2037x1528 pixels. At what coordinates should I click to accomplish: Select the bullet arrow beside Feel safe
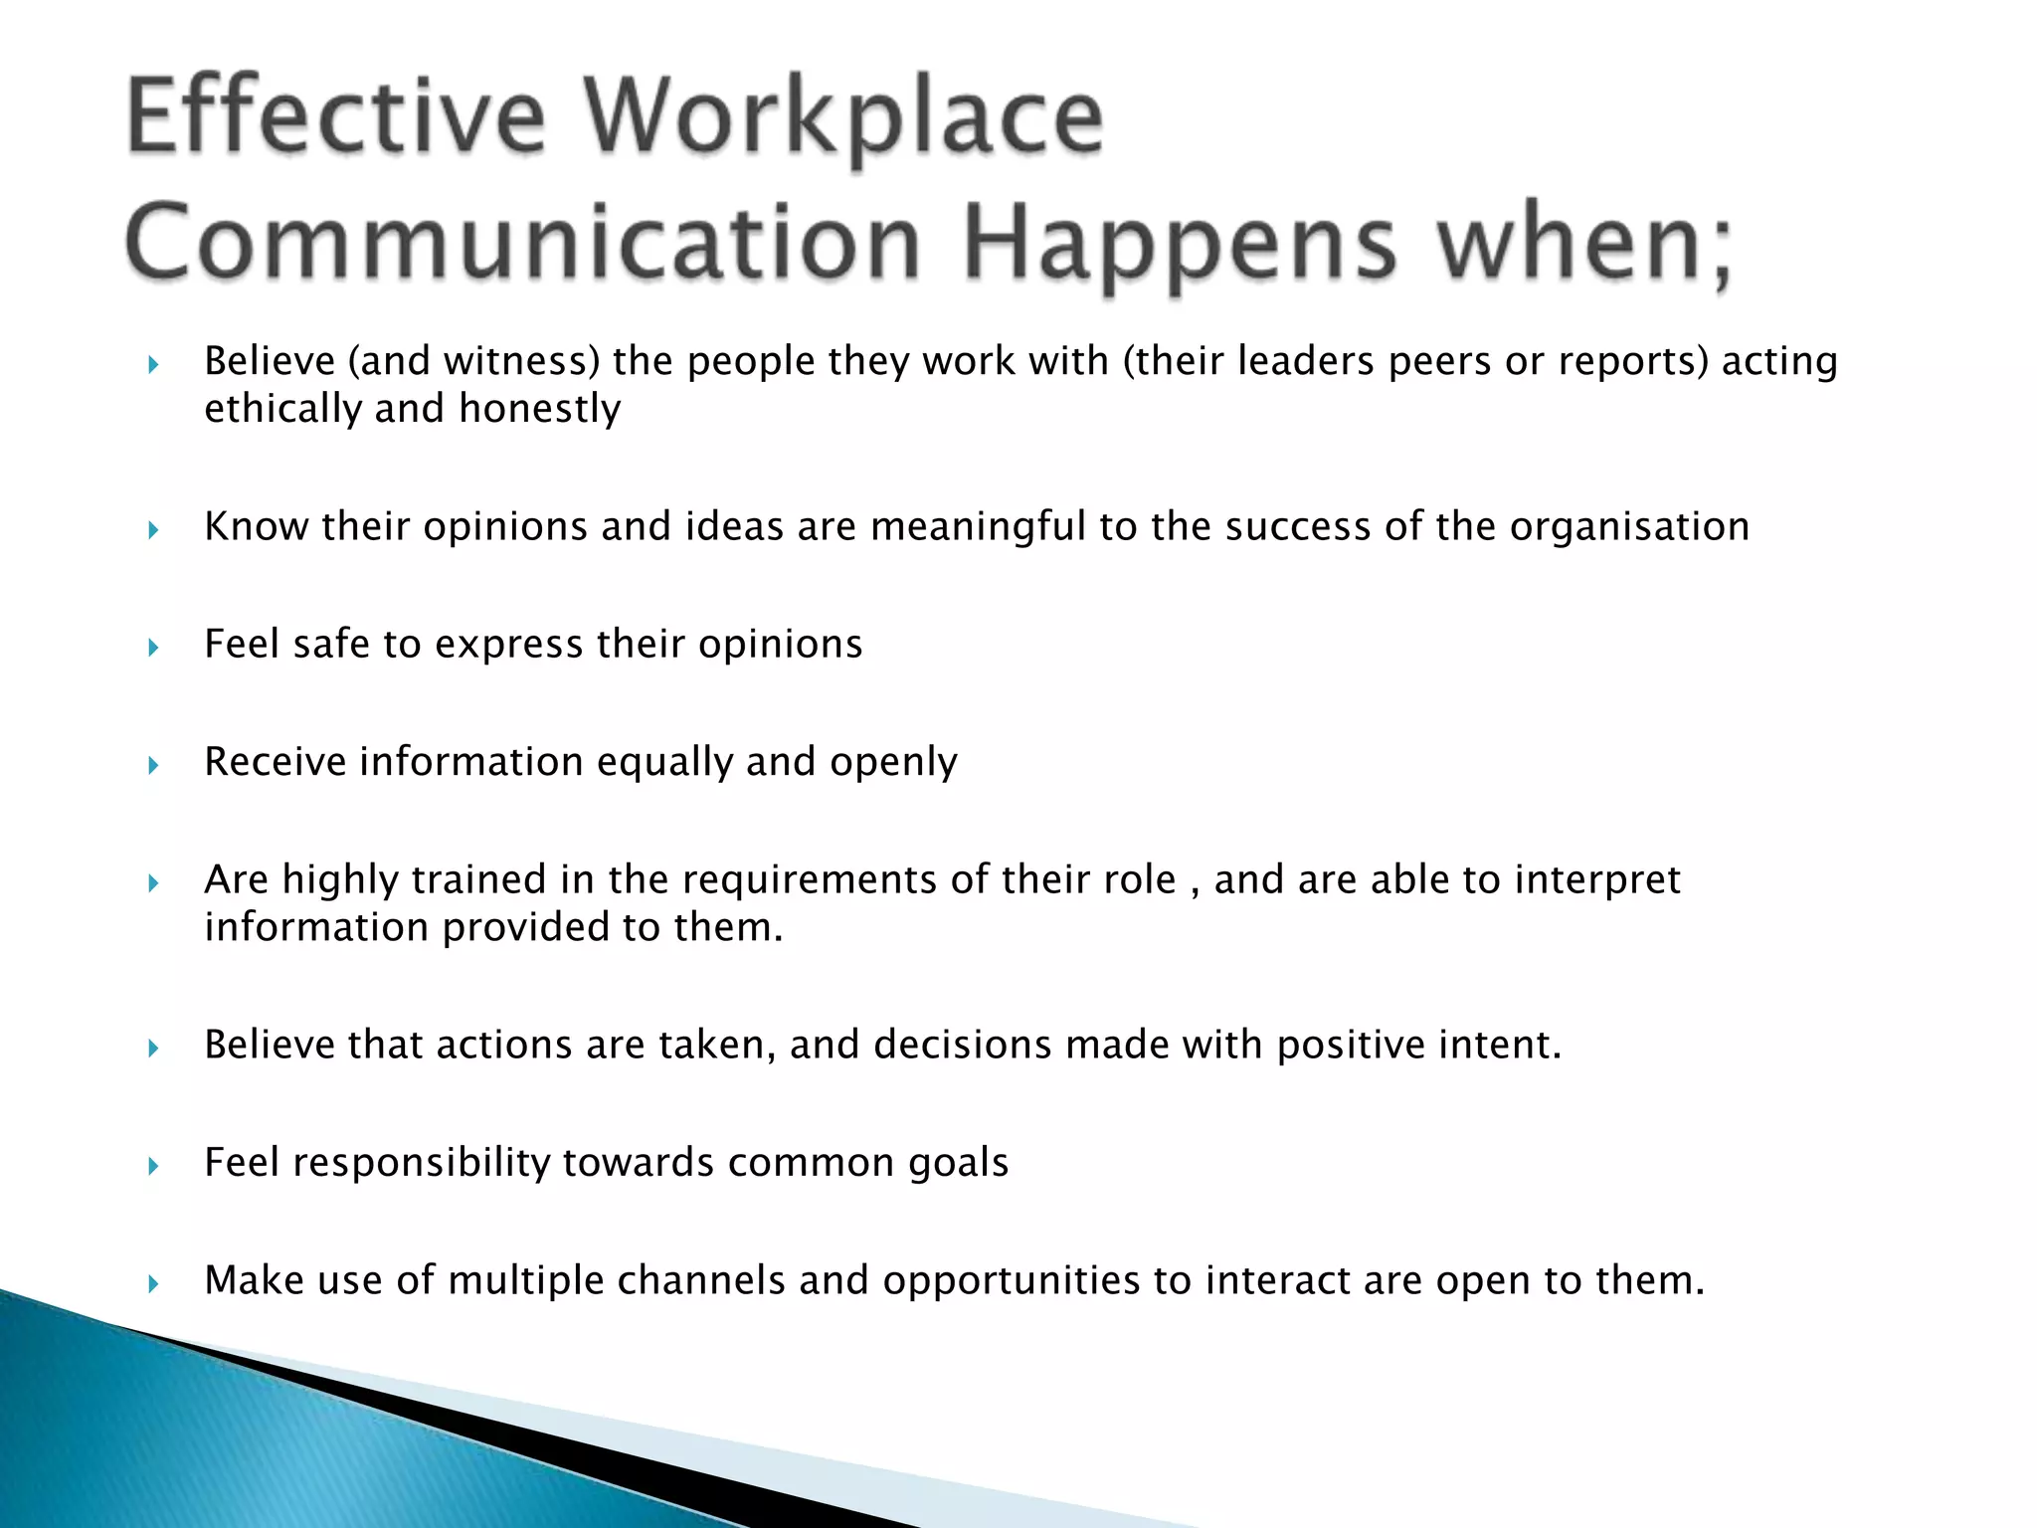(x=153, y=648)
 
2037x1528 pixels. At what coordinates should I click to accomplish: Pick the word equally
(x=664, y=762)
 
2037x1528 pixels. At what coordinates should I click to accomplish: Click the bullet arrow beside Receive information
(x=153, y=765)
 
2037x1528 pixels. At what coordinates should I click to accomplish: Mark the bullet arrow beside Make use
(x=153, y=1283)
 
